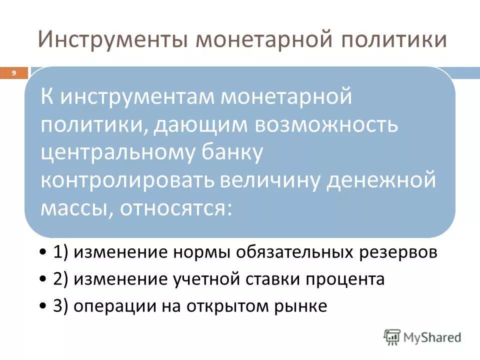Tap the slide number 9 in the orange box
[14, 73]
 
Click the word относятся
[175, 206]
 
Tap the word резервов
[400, 252]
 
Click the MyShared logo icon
[392, 336]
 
